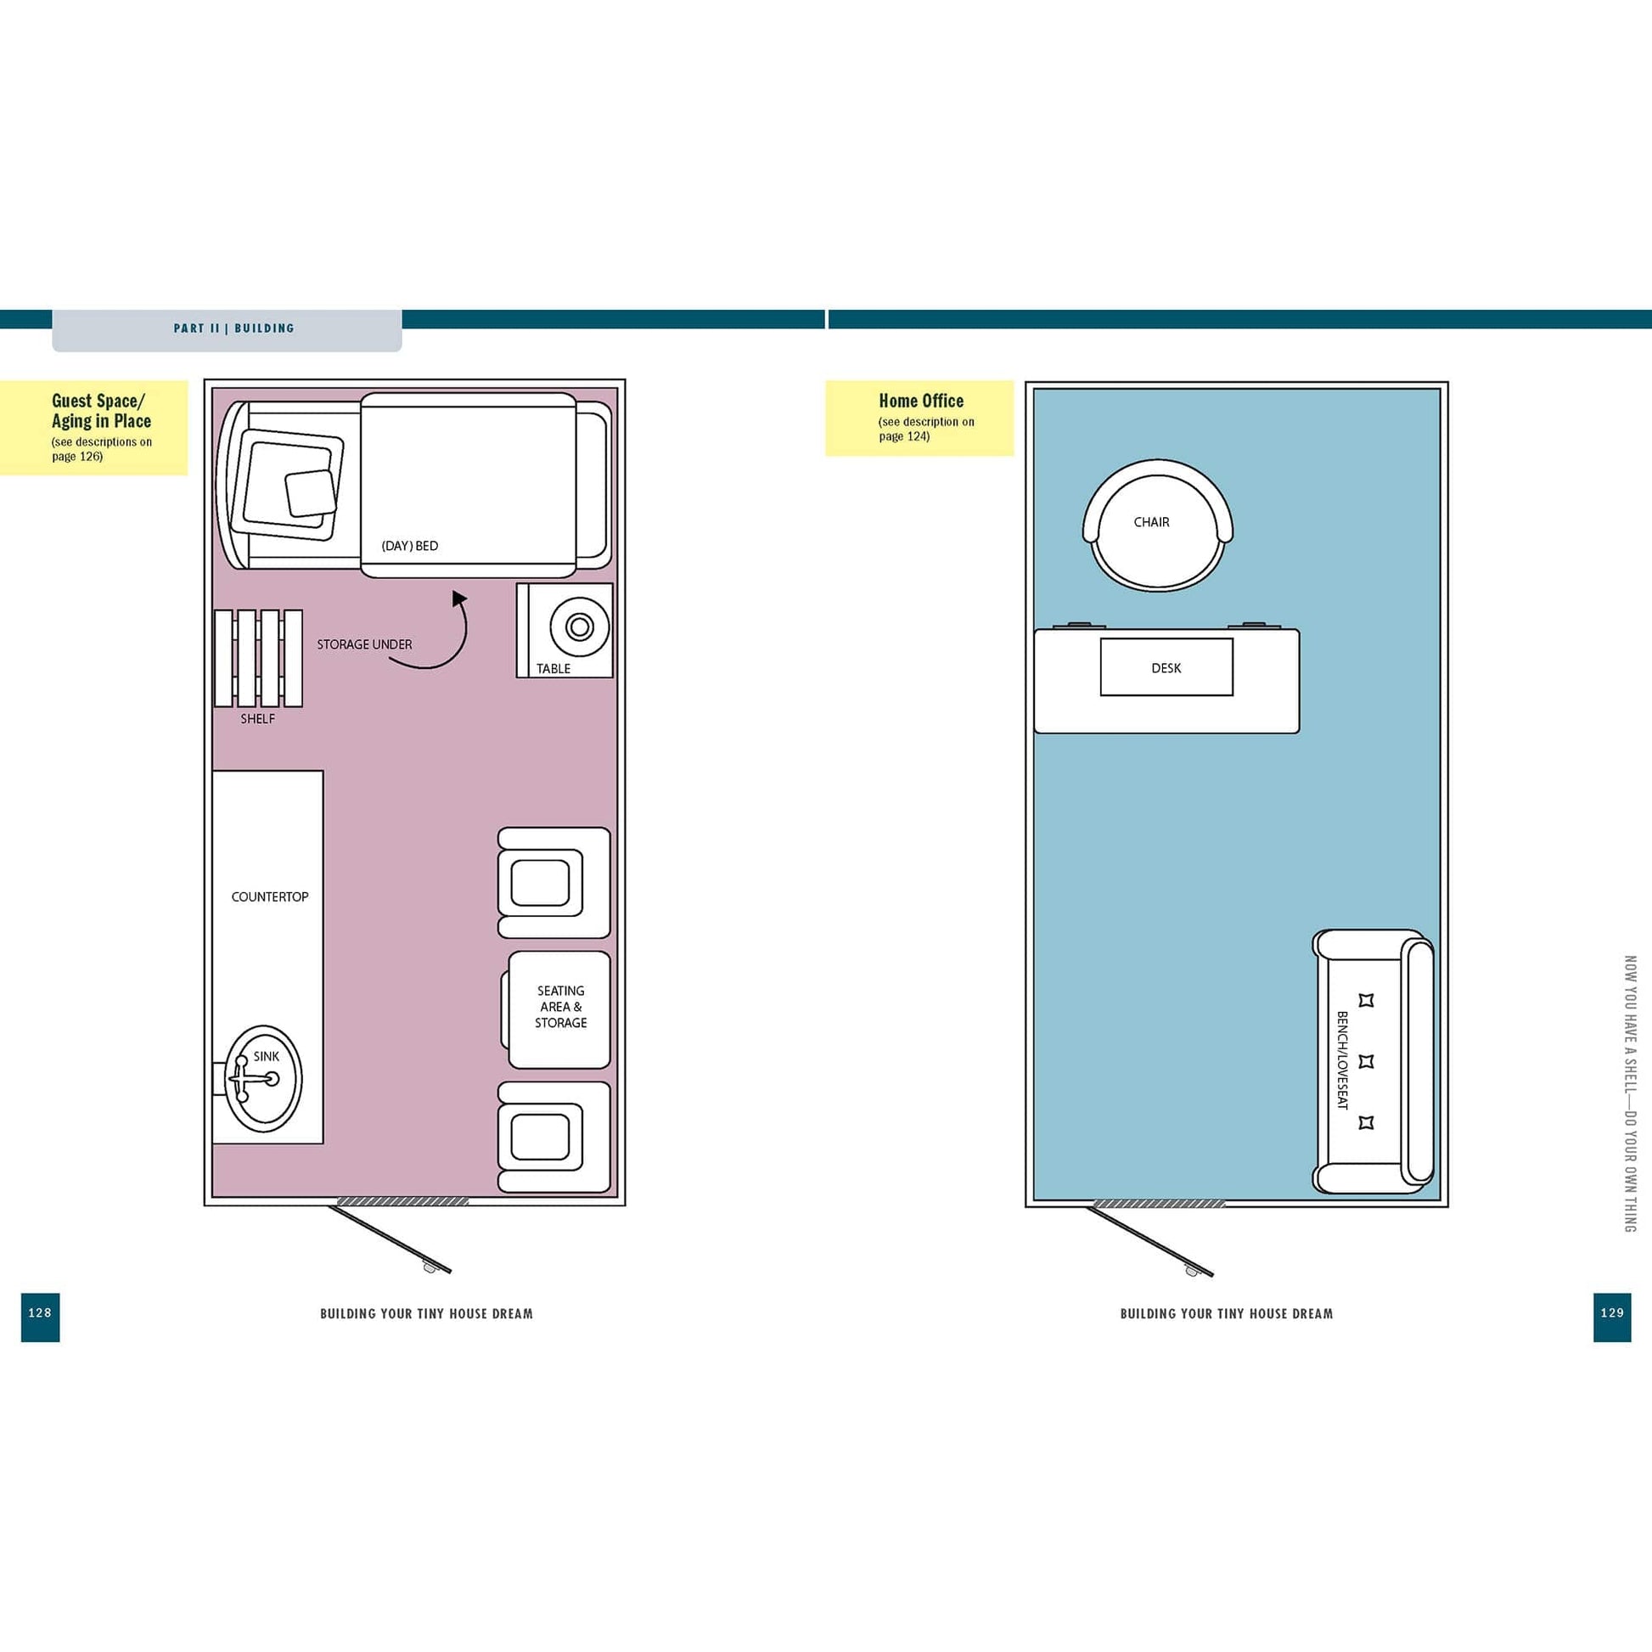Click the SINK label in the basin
point(266,1056)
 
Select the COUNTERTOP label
point(269,897)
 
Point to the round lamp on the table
point(579,627)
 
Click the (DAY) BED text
point(409,546)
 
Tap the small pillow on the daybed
point(312,494)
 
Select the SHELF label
point(257,719)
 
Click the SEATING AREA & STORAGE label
point(561,1007)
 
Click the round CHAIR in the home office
point(1157,525)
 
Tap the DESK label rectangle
point(1166,668)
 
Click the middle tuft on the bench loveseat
point(1366,1061)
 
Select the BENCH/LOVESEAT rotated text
point(1341,1060)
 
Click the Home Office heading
point(921,401)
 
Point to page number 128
point(40,1312)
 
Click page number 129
point(1611,1312)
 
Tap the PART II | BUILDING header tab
point(233,329)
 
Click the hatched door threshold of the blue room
point(1159,1203)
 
